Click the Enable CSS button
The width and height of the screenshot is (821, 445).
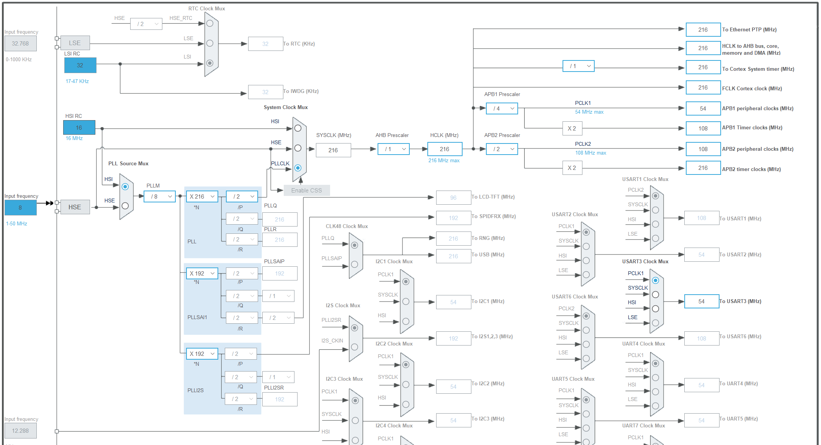click(306, 190)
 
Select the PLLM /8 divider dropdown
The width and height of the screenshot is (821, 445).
click(160, 196)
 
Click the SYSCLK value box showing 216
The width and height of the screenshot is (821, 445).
click(333, 150)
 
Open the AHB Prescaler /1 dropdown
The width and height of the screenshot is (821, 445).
click(393, 149)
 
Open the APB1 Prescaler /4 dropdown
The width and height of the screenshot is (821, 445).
click(502, 108)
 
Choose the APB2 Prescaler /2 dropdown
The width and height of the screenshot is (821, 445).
click(502, 149)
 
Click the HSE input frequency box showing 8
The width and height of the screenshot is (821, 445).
click(20, 207)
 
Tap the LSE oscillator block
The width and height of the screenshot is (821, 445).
click(75, 43)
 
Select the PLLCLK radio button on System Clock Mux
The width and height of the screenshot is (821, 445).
click(298, 168)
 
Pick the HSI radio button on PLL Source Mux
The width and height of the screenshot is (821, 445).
click(125, 187)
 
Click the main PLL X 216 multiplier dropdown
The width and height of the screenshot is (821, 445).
click(202, 196)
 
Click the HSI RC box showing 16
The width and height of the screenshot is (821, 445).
click(79, 127)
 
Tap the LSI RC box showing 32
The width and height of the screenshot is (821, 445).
click(80, 65)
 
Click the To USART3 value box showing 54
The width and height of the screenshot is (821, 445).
click(701, 301)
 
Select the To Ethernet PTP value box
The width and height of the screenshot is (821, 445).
click(703, 29)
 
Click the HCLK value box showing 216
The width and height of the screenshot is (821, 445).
click(444, 149)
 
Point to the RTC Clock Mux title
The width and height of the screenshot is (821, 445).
click(206, 8)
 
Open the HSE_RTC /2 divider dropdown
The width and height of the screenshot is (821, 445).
click(146, 24)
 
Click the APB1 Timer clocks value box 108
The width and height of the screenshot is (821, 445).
click(703, 128)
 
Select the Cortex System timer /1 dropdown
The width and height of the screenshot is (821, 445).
click(578, 66)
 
